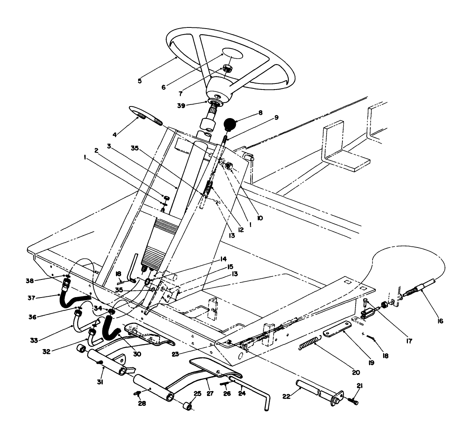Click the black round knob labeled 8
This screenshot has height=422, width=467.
230,123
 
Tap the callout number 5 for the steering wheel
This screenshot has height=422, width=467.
140,80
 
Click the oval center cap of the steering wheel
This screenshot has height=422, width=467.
233,53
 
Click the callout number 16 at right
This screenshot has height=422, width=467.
440,321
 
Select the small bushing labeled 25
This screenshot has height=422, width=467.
187,408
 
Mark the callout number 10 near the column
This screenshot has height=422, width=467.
260,217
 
